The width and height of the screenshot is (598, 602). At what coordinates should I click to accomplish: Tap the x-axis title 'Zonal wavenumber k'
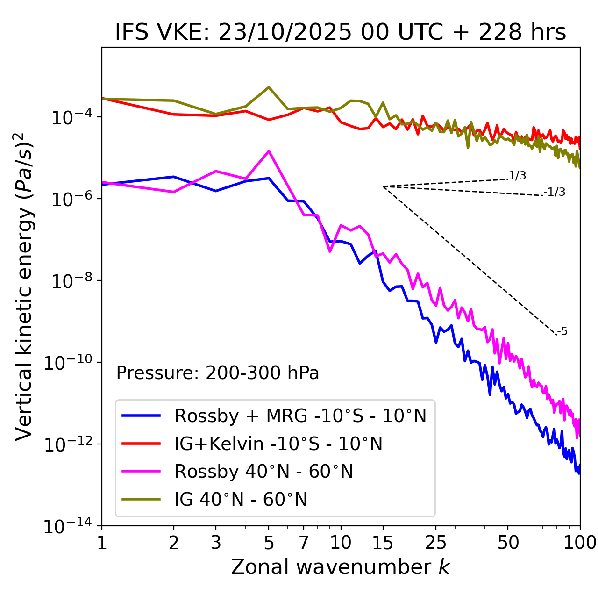(x=341, y=567)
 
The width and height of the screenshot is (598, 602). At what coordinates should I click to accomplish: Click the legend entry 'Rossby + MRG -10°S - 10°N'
(x=300, y=416)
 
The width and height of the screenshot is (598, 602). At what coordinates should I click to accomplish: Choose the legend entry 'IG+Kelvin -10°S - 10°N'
(x=278, y=444)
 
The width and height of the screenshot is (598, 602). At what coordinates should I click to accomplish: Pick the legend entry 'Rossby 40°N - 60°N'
(x=263, y=472)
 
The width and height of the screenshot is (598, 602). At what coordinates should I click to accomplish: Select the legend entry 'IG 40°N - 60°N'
(x=241, y=500)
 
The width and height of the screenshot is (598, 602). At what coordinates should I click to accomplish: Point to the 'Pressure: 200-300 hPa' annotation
(x=218, y=373)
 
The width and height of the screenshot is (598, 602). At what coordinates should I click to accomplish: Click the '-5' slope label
(x=562, y=332)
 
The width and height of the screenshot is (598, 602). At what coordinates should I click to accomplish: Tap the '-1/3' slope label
(x=555, y=192)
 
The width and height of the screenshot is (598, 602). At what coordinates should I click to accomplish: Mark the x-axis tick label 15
(x=383, y=543)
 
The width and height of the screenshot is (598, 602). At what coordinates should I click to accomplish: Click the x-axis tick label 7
(x=304, y=543)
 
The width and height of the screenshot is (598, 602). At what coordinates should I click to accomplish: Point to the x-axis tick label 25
(x=436, y=543)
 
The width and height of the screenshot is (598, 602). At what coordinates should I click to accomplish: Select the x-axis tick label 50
(x=508, y=543)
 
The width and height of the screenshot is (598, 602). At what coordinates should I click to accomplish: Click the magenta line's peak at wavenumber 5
(x=269, y=151)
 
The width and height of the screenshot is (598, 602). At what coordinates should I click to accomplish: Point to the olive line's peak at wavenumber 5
(x=269, y=87)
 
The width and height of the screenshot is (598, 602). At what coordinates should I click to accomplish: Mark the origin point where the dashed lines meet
(x=383, y=186)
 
